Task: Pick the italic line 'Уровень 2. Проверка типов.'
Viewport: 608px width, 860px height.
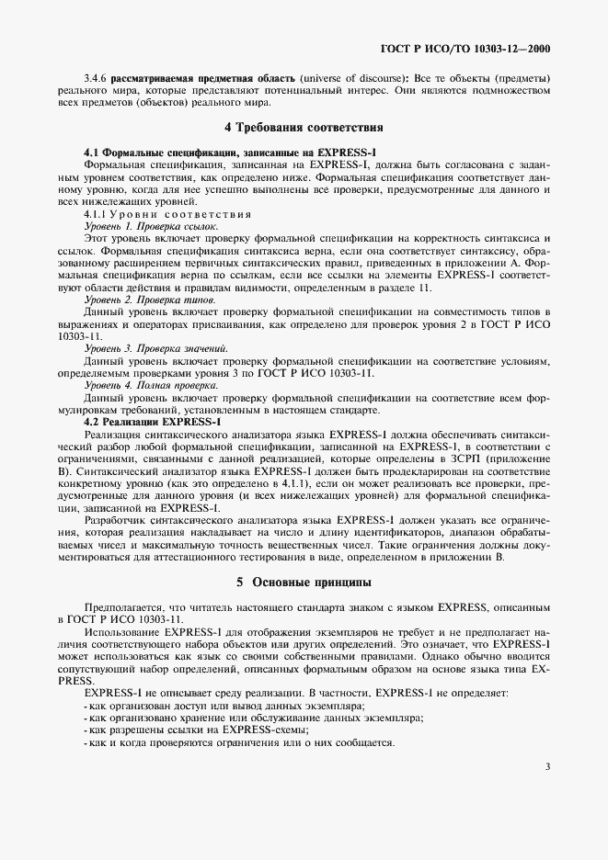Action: coord(150,300)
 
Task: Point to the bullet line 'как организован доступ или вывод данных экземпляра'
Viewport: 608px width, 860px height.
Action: coord(211,704)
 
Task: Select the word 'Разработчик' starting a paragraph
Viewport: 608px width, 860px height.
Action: coord(111,519)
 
